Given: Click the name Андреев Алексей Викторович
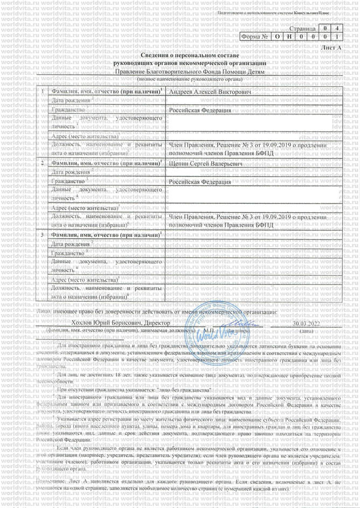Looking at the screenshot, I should pos(203,93).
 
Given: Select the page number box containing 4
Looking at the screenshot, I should pos(337,27).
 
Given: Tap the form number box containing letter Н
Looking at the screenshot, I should pos(289,37).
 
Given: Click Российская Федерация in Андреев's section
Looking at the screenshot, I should pos(200,110).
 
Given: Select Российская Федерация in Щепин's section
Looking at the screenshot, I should pos(200,182).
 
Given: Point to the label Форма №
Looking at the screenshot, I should pos(255,37).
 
